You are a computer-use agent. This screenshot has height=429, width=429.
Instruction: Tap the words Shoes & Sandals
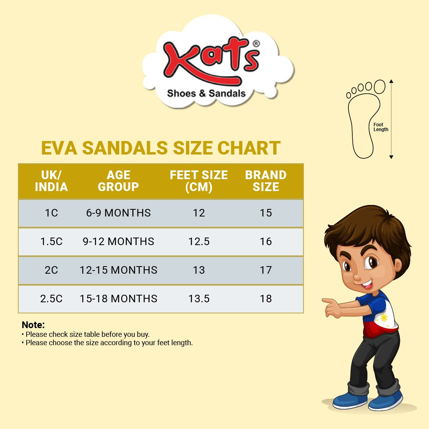(x=206, y=94)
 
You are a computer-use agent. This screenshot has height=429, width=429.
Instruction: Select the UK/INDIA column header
(x=51, y=181)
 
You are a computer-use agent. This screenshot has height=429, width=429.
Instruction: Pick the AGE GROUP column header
(x=118, y=181)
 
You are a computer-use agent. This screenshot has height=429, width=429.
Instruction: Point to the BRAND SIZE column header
(x=266, y=181)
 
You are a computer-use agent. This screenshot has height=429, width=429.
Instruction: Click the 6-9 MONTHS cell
(x=118, y=213)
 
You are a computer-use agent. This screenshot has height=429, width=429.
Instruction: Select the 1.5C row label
(x=51, y=242)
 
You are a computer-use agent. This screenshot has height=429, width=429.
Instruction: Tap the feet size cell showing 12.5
(x=199, y=242)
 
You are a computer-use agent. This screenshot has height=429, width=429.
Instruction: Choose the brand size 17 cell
(x=266, y=270)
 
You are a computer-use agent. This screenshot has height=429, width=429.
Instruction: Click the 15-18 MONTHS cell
(x=118, y=299)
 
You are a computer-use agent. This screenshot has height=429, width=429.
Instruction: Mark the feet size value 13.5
(x=199, y=299)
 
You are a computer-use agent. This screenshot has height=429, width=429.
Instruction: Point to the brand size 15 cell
(x=266, y=213)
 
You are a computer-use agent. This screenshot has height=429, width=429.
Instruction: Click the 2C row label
(x=51, y=270)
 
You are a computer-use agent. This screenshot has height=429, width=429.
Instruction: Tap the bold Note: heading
(x=33, y=325)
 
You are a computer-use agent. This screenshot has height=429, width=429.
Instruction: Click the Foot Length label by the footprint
(x=381, y=127)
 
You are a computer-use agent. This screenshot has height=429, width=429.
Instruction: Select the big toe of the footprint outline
(x=380, y=87)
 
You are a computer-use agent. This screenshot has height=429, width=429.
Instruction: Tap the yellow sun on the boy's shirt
(x=384, y=318)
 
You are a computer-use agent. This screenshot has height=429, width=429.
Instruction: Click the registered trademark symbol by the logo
(x=256, y=44)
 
